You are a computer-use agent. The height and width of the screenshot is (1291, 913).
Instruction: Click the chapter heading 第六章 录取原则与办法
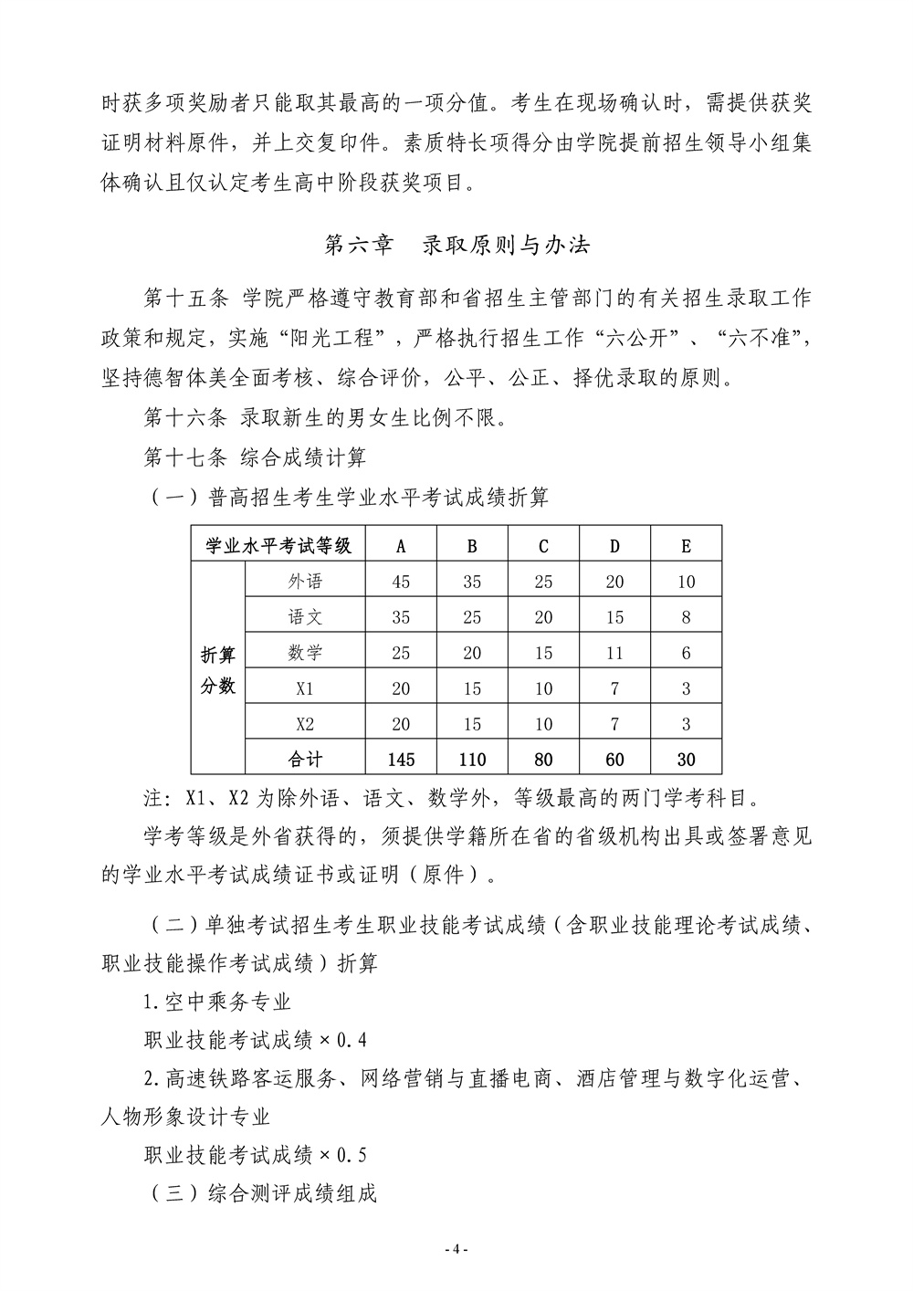[457, 245]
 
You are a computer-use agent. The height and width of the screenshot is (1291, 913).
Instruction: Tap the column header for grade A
[401, 546]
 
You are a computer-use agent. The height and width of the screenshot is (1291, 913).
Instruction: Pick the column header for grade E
[686, 546]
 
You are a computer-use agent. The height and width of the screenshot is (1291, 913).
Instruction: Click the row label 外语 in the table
[305, 582]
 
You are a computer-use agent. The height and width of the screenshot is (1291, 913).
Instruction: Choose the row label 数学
[305, 653]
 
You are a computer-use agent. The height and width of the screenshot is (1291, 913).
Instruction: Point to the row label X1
[305, 688]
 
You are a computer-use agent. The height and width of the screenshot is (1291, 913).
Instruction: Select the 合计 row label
[305, 759]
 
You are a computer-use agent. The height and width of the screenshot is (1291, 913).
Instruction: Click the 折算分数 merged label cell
[218, 670]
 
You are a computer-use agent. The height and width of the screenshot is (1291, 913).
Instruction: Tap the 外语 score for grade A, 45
[401, 582]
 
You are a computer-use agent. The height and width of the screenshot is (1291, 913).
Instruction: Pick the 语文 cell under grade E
[686, 617]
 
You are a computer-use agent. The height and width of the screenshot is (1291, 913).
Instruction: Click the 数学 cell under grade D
[614, 653]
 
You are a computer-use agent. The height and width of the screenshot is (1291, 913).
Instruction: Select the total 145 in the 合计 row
[401, 759]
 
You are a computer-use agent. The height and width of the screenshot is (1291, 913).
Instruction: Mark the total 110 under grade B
[472, 759]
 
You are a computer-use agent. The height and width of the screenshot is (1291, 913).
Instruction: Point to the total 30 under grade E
[686, 759]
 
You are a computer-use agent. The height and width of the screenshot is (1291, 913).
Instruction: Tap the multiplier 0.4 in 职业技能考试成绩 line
[352, 1040]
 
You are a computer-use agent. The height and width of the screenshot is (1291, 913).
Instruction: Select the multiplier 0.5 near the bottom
[352, 1155]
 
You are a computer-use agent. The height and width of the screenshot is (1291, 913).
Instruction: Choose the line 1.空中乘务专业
[217, 1002]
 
